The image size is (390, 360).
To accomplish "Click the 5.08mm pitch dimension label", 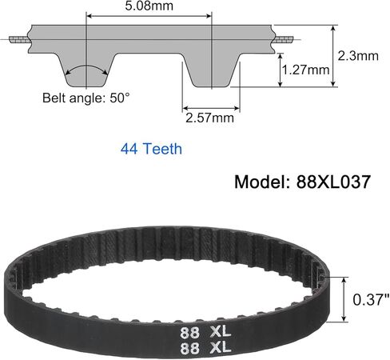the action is click(x=149, y=6).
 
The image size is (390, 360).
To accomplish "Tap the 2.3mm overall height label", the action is click(x=358, y=56).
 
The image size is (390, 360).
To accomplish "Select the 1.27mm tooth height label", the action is click(x=306, y=70).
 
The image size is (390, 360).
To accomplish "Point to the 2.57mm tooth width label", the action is click(x=209, y=118).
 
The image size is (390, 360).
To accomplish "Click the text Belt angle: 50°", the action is click(x=86, y=98).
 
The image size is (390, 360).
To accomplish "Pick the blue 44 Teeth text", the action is click(x=151, y=149).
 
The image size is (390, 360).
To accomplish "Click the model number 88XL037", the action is click(x=333, y=182).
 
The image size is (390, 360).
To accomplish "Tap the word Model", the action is click(x=262, y=182).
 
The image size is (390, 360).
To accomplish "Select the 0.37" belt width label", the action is click(x=371, y=299).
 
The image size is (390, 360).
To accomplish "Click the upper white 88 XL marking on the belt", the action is click(x=205, y=332).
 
